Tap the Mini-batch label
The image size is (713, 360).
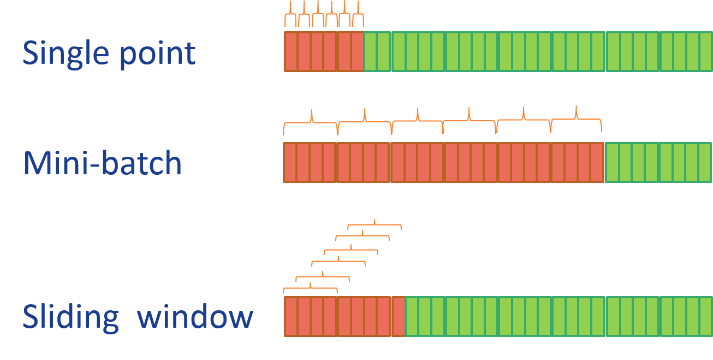point(102,163)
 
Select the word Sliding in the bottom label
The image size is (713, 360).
point(70,317)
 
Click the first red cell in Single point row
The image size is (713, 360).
point(290,52)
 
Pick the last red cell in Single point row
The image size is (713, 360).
point(357,52)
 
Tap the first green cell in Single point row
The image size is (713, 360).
point(370,52)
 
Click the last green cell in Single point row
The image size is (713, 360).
point(705,52)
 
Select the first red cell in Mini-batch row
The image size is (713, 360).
point(290,163)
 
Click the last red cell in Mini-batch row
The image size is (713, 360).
point(597,163)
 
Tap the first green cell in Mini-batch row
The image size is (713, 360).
point(612,163)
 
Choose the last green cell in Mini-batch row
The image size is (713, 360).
point(705,163)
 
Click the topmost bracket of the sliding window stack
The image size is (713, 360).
point(375,224)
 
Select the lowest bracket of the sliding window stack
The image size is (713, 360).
point(310,287)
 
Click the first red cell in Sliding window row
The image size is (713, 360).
point(290,317)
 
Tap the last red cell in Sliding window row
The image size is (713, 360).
point(399,317)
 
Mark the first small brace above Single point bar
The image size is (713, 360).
point(290,15)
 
